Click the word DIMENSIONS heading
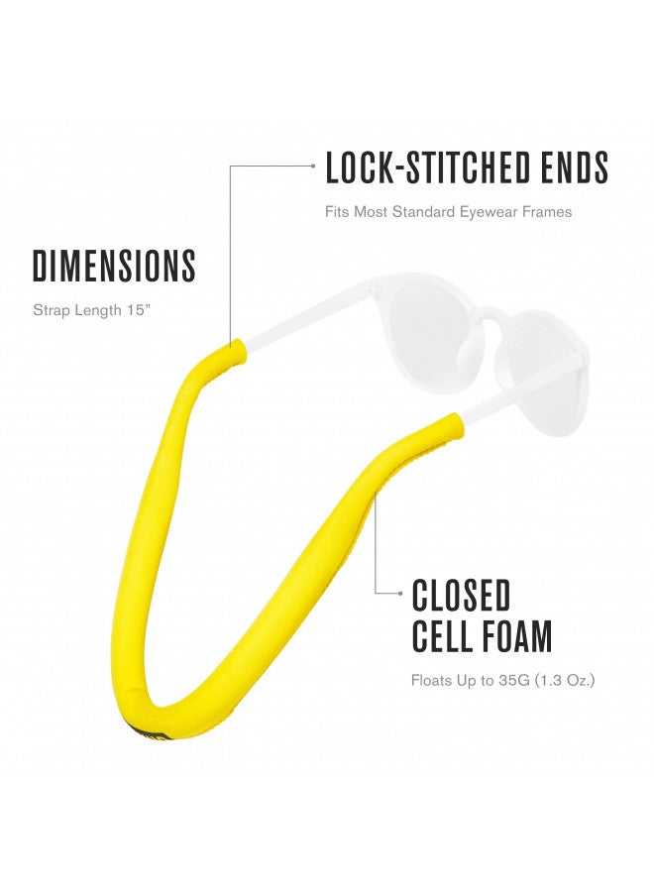114,266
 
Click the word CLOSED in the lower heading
461,595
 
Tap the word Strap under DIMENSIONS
49,310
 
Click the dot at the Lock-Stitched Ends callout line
313,166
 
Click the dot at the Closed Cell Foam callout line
401,593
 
